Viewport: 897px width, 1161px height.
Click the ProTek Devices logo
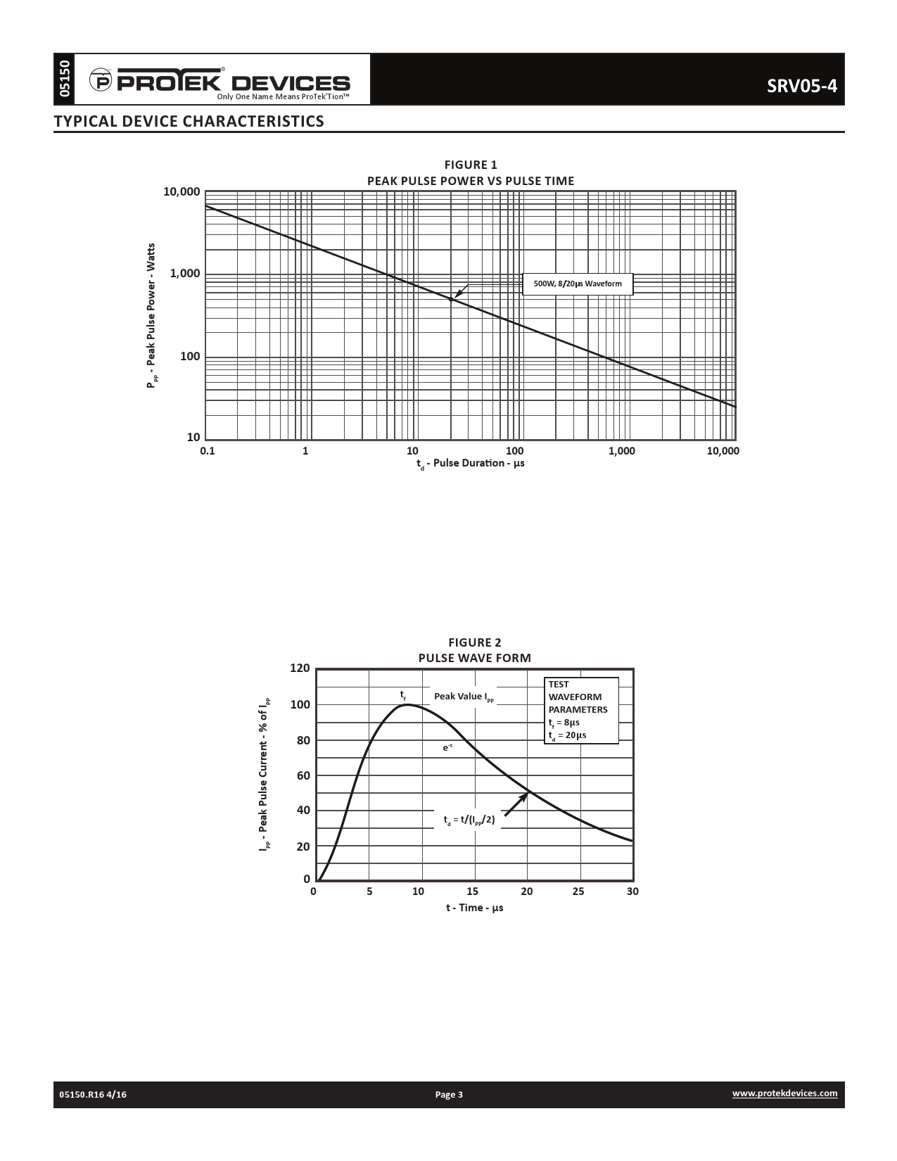[x=220, y=82]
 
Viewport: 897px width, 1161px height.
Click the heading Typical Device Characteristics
[x=189, y=121]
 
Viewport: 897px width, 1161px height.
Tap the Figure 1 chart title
[x=471, y=173]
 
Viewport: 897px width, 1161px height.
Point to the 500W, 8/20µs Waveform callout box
[x=578, y=284]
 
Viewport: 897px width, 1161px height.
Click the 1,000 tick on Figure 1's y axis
[x=185, y=274]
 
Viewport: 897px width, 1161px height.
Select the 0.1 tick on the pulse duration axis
[x=208, y=451]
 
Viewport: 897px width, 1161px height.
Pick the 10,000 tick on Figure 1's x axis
[x=723, y=451]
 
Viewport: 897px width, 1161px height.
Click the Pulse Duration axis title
[x=470, y=464]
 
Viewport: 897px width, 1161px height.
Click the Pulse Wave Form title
[x=475, y=658]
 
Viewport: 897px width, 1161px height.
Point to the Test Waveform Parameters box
[x=582, y=710]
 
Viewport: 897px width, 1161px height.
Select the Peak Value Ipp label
[x=464, y=697]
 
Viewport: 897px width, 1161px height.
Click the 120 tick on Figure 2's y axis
[x=300, y=668]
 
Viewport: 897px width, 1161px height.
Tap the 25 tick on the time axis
[x=578, y=892]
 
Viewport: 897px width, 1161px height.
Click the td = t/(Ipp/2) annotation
[x=469, y=820]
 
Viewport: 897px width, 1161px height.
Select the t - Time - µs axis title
[x=474, y=908]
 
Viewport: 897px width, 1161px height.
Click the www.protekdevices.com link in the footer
[x=784, y=1093]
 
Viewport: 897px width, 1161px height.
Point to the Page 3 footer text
[x=449, y=1094]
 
